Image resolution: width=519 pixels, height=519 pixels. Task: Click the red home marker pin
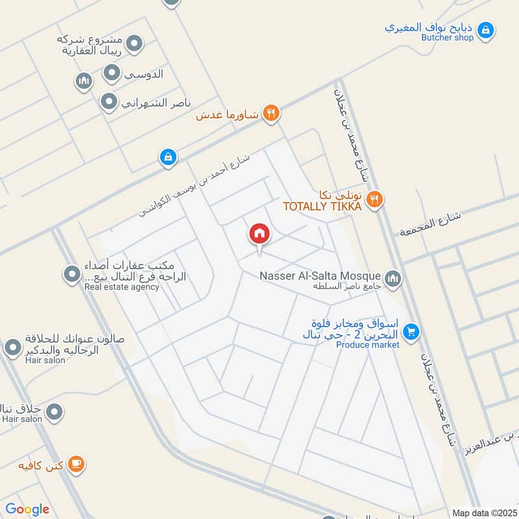point(259,234)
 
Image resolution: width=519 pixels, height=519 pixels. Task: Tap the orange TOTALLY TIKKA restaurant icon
point(374,199)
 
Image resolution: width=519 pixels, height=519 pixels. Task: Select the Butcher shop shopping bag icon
point(485,29)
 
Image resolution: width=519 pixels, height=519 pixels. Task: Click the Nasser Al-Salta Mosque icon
point(392,279)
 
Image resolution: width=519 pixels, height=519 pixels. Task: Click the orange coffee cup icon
point(77,464)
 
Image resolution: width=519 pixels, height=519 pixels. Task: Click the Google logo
point(27,509)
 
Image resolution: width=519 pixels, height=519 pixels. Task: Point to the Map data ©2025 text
point(483,513)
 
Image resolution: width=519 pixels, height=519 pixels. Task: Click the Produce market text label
point(367,344)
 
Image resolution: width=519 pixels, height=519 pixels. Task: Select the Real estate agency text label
point(121,287)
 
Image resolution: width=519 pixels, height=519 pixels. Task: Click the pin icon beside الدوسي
point(112,73)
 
